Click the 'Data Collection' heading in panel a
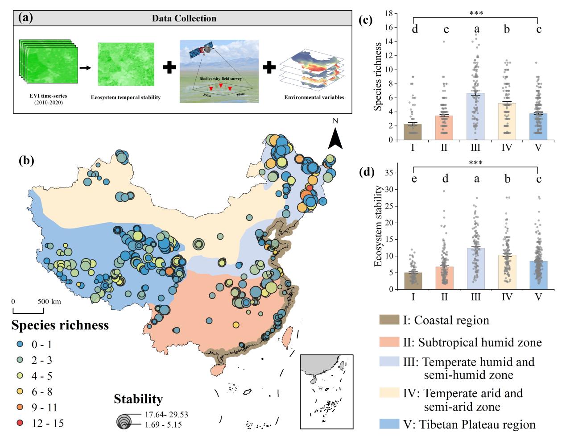pos(184,18)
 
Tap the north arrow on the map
pos(335,138)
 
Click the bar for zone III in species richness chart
pos(475,116)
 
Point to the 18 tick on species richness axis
pos(390,13)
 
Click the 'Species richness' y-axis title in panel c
pos(378,76)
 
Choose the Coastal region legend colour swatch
pos(389,320)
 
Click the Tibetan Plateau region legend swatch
pos(389,424)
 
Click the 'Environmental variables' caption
pos(314,97)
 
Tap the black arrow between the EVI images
pos(85,68)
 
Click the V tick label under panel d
pos(538,297)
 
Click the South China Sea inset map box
pos(326,391)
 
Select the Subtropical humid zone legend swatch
pos(389,342)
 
